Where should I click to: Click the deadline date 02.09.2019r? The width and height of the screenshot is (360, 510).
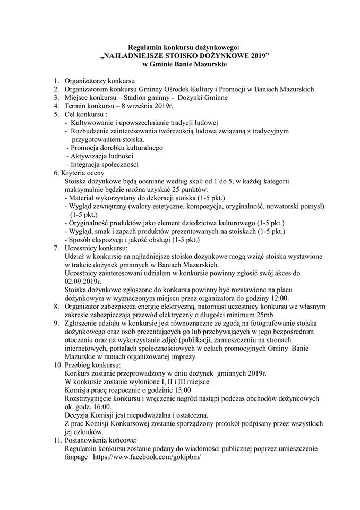[x=83, y=281]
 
